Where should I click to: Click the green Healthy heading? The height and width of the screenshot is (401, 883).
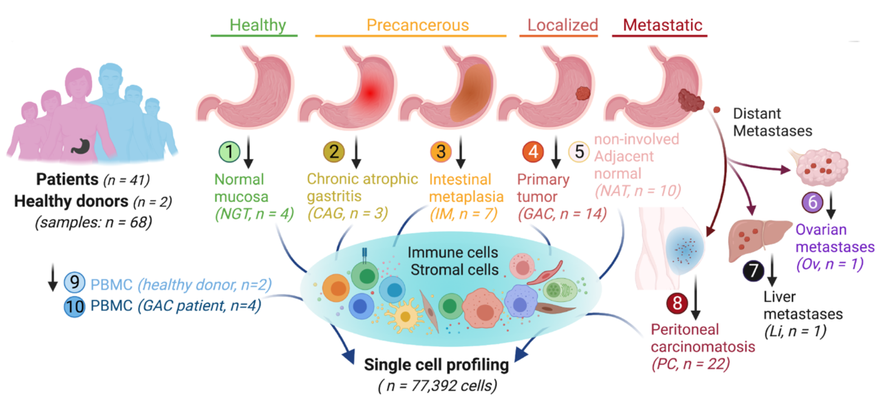257,25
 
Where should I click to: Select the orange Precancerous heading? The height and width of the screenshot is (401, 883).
417,25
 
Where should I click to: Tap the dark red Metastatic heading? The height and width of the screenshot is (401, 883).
662,25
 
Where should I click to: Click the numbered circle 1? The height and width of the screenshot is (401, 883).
230,152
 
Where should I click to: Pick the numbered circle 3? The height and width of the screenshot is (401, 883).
441,152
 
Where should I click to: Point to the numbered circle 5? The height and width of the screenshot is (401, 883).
579,152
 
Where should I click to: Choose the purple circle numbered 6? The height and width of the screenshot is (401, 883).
813,202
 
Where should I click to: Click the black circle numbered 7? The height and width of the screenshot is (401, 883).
753,270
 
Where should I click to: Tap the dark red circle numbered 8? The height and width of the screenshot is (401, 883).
677,303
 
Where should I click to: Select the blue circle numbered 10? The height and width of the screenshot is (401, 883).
74,306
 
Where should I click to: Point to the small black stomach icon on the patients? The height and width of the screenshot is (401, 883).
81,146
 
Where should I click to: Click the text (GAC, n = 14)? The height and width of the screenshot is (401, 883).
562,214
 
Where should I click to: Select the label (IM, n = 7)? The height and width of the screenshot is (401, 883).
463,214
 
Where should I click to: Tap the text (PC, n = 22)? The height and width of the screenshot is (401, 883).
690,364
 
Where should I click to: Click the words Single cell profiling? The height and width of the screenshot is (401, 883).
436,365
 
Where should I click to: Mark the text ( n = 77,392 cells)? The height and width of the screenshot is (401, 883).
437,385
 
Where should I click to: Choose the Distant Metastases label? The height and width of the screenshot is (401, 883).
772,122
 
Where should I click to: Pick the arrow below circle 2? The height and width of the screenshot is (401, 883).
356,152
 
